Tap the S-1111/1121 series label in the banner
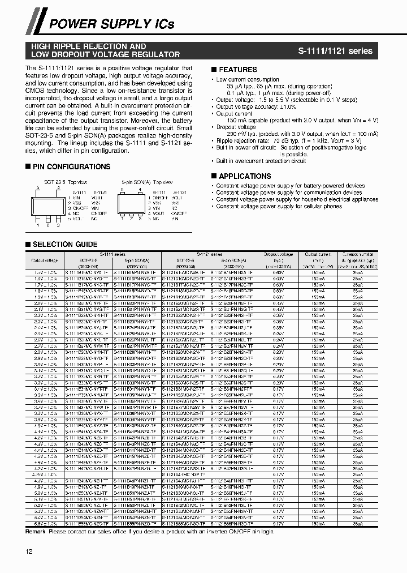pyautogui.click(x=335, y=50)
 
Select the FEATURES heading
pyautogui.click(x=237, y=70)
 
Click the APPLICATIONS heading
pyautogui.click(x=244, y=176)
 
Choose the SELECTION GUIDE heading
pyautogui.click(x=64, y=244)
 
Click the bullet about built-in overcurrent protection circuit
pyautogui.click(x=261, y=161)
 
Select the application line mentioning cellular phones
pyautogui.click(x=279, y=206)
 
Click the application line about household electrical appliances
pyautogui.click(x=297, y=199)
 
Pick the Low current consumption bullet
pyautogui.click(x=247, y=80)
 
